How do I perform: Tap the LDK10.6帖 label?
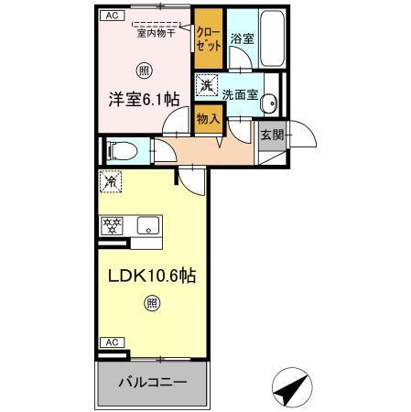151,274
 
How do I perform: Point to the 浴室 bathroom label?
241,38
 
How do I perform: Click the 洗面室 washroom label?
241,93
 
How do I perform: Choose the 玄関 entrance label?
271,135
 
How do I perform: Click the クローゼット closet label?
208,38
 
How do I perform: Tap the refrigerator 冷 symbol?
111,181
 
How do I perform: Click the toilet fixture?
118,149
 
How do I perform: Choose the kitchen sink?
148,225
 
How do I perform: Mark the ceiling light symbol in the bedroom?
144,70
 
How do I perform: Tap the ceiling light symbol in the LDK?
153,305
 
